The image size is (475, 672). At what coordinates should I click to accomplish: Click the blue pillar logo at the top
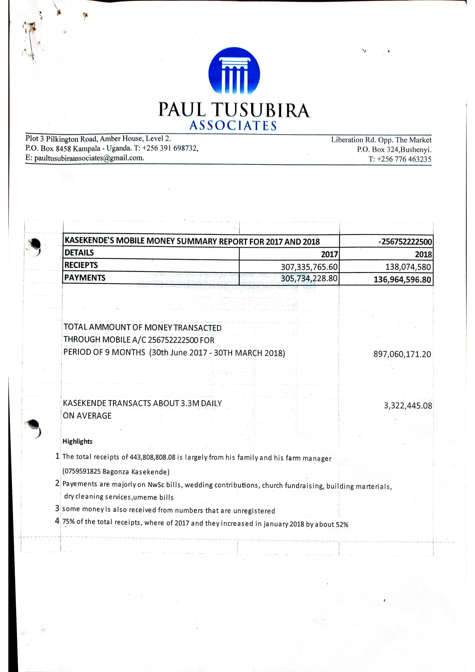(x=234, y=71)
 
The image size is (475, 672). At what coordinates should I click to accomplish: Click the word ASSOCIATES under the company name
(x=233, y=126)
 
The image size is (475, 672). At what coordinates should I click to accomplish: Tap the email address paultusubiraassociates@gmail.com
(x=89, y=158)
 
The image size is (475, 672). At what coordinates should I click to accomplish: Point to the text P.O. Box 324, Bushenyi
(x=394, y=150)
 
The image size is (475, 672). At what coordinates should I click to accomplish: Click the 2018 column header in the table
(x=423, y=254)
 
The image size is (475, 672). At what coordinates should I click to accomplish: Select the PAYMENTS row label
(x=84, y=278)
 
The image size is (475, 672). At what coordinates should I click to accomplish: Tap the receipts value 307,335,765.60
(x=309, y=267)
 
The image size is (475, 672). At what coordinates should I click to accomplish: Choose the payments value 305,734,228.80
(x=309, y=278)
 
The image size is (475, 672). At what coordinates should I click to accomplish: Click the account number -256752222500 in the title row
(x=405, y=242)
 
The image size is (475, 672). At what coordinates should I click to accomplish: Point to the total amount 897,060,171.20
(x=402, y=354)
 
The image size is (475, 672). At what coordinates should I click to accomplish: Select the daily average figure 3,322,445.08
(x=408, y=406)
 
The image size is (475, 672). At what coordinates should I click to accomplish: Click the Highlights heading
(x=78, y=441)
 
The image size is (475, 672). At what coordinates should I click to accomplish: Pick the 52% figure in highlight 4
(x=342, y=525)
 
